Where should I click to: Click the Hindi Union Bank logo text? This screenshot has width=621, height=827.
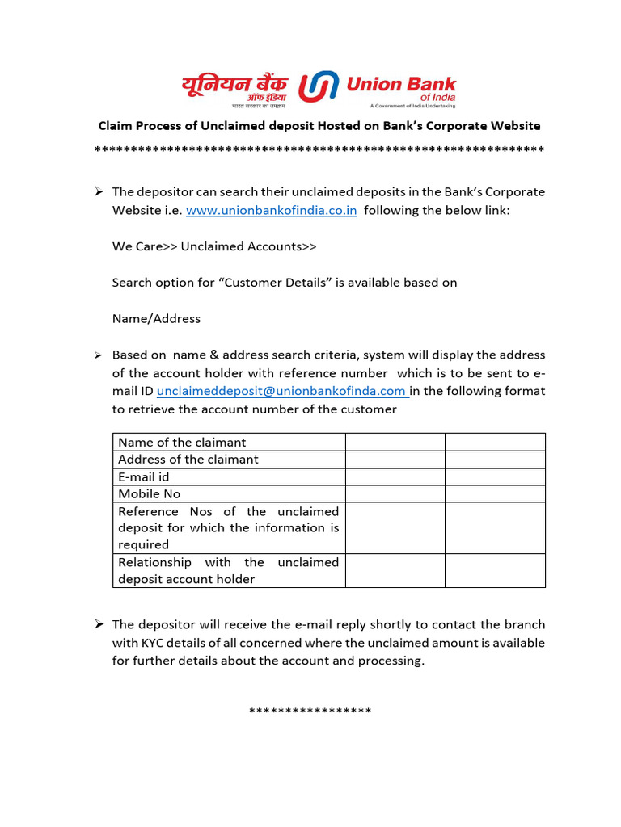click(234, 88)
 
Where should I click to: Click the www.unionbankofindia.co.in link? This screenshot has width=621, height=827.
click(272, 211)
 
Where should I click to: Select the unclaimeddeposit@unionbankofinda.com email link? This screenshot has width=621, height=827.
click(281, 391)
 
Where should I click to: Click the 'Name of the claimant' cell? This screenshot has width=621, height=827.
click(229, 442)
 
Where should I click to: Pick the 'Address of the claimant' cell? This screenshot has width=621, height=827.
click(229, 460)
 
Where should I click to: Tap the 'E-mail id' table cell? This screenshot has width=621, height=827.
click(229, 477)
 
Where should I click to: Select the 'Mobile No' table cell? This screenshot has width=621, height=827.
click(229, 494)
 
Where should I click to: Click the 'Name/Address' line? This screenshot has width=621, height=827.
click(156, 318)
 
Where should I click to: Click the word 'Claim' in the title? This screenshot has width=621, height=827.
click(115, 126)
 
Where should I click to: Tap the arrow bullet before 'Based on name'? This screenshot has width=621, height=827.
click(97, 355)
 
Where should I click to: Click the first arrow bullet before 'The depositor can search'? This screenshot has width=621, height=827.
click(98, 191)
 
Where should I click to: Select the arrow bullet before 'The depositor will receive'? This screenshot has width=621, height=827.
click(98, 624)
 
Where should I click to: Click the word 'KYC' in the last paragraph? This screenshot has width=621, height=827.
click(157, 643)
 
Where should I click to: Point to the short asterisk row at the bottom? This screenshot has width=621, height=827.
click(310, 711)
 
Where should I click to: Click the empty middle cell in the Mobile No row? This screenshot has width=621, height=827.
click(395, 494)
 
